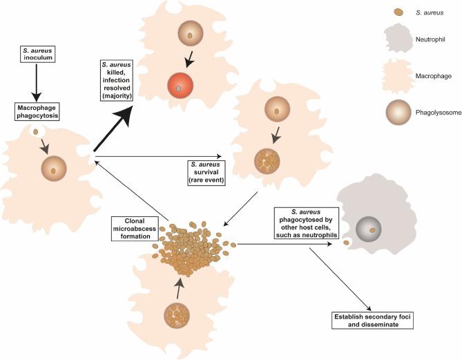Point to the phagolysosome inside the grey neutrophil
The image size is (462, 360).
coord(372,229)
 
